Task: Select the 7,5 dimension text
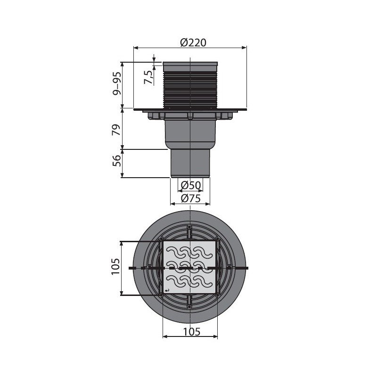[x=148, y=77]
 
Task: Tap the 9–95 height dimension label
[x=116, y=83]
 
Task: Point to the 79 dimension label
[x=116, y=130]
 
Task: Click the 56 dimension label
[x=116, y=161]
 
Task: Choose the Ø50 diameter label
[x=191, y=185]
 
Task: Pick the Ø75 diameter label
[x=191, y=198]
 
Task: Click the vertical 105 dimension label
[x=115, y=267]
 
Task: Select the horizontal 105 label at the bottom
[x=192, y=332]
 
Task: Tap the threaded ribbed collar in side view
[x=190, y=89]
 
